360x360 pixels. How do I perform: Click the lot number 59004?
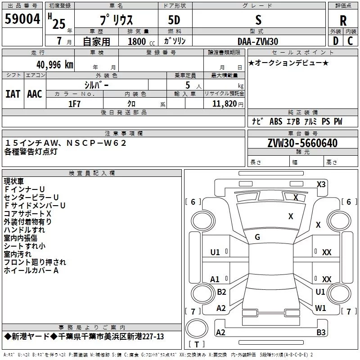22,19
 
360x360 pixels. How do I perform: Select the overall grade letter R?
343,21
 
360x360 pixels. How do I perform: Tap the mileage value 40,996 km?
54,65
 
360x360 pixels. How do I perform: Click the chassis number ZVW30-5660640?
302,143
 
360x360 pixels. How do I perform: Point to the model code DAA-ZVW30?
258,41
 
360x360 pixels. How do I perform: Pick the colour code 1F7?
74,104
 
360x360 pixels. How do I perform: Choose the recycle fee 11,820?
224,104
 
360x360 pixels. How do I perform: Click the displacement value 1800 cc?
141,41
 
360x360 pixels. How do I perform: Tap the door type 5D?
174,20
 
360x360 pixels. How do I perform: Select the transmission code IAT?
13,94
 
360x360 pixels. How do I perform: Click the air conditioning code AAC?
35,94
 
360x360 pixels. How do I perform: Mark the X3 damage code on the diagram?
321,184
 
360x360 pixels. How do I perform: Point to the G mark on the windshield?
257,237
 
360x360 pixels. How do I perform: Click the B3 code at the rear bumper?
321,332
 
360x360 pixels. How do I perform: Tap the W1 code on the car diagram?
320,308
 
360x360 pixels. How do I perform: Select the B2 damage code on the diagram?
221,292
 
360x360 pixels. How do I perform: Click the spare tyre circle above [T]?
197,328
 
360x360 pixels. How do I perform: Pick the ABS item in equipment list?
276,121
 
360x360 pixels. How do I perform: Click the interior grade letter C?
350,41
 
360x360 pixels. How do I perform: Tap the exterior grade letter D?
336,41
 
